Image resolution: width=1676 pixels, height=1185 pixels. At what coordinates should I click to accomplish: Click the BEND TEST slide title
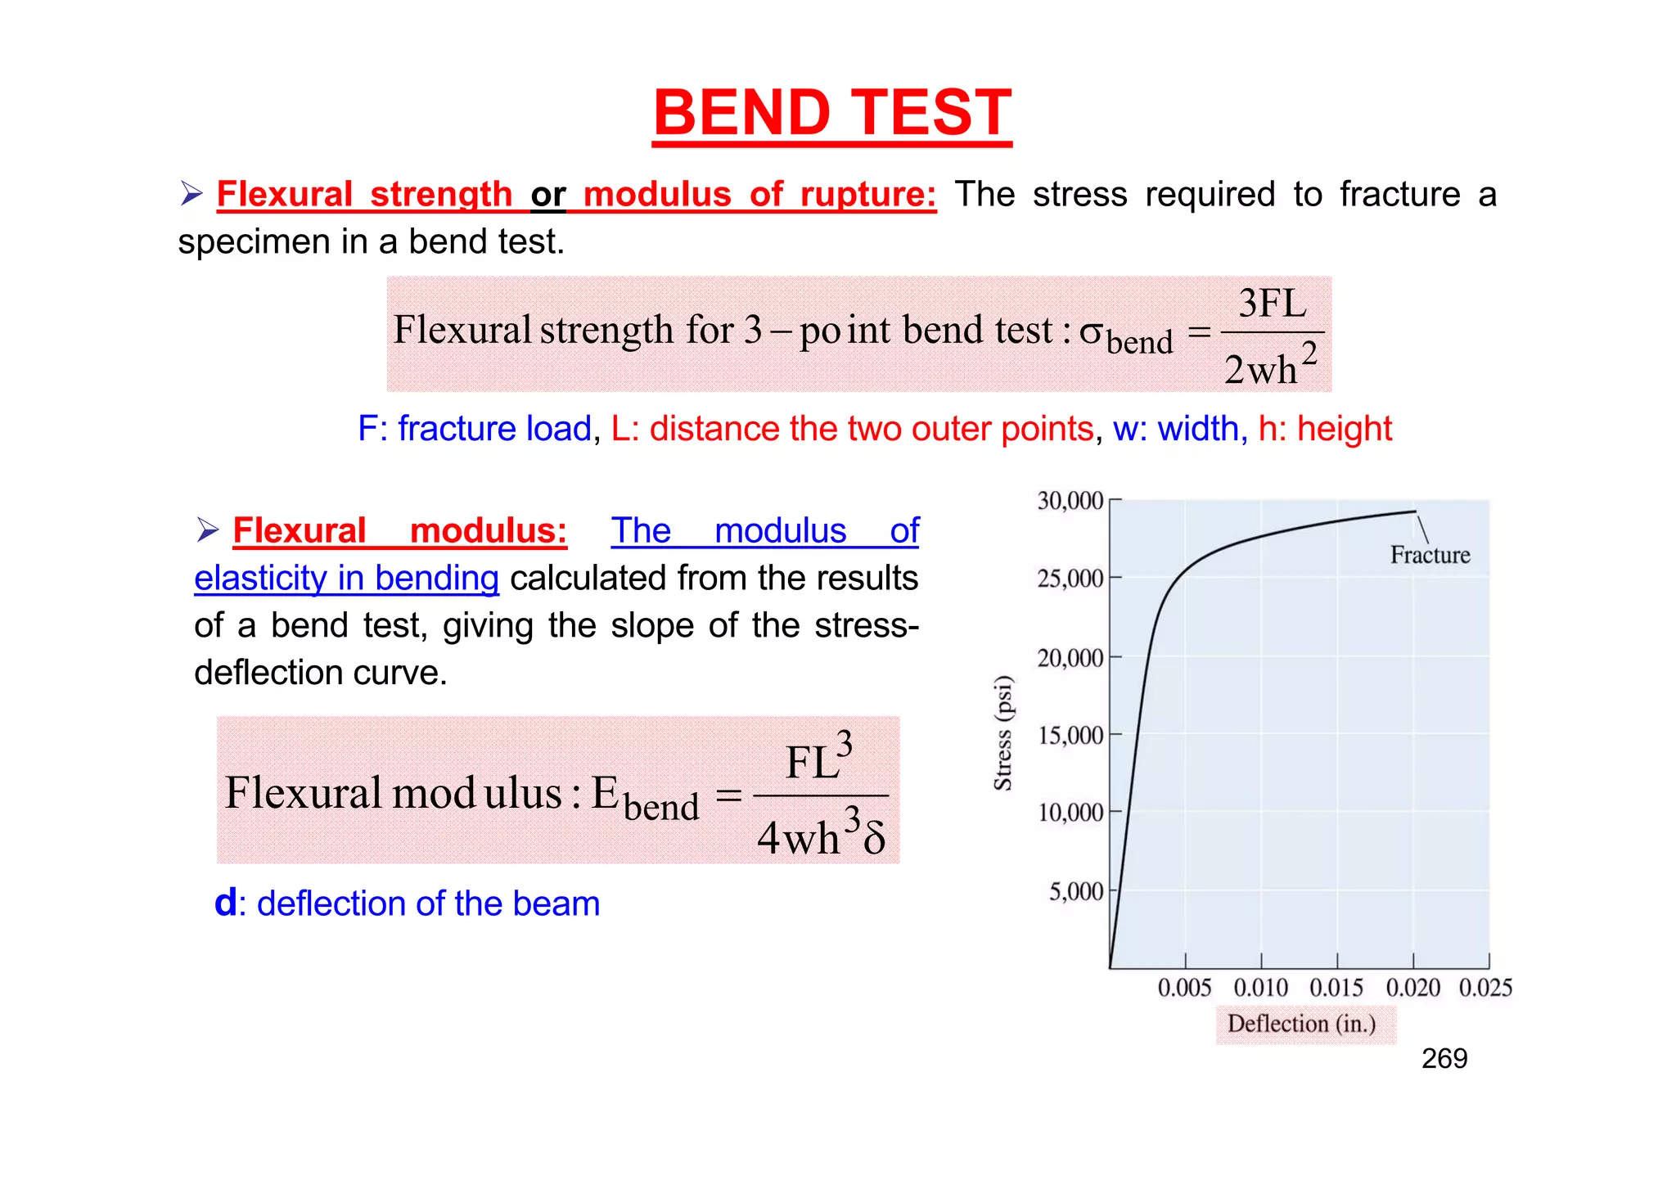(831, 113)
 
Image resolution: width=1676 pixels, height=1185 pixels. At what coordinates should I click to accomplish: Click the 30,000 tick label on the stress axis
(1070, 501)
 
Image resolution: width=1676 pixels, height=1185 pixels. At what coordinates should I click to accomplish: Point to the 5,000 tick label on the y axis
(1076, 891)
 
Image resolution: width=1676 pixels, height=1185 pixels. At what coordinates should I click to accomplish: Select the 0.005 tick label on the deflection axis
(1184, 988)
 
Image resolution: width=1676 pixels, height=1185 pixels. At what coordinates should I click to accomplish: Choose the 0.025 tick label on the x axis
(1485, 988)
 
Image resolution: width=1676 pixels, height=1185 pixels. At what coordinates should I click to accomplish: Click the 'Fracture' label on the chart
(1430, 555)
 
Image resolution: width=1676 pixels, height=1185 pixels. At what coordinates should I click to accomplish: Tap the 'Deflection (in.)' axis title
(1301, 1024)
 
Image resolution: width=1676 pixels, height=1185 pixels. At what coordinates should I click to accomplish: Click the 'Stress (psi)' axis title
(1003, 733)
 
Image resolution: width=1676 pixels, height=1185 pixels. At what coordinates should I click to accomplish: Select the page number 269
(1444, 1059)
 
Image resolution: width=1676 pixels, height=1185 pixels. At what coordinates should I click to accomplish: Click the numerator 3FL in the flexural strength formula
(1272, 304)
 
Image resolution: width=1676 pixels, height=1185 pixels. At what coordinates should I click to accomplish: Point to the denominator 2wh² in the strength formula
(1270, 367)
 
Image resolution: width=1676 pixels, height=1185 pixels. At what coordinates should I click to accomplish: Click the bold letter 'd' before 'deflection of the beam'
(225, 903)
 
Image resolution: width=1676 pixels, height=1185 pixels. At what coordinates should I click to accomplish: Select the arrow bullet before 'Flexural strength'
(191, 195)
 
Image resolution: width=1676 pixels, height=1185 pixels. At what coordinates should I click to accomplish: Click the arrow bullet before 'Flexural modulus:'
(208, 531)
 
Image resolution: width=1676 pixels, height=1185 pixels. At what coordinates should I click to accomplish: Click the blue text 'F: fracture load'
(474, 429)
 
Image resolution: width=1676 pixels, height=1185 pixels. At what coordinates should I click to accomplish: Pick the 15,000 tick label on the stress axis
(1070, 735)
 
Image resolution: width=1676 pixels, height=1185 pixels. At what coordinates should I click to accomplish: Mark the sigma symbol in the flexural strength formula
(1092, 331)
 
